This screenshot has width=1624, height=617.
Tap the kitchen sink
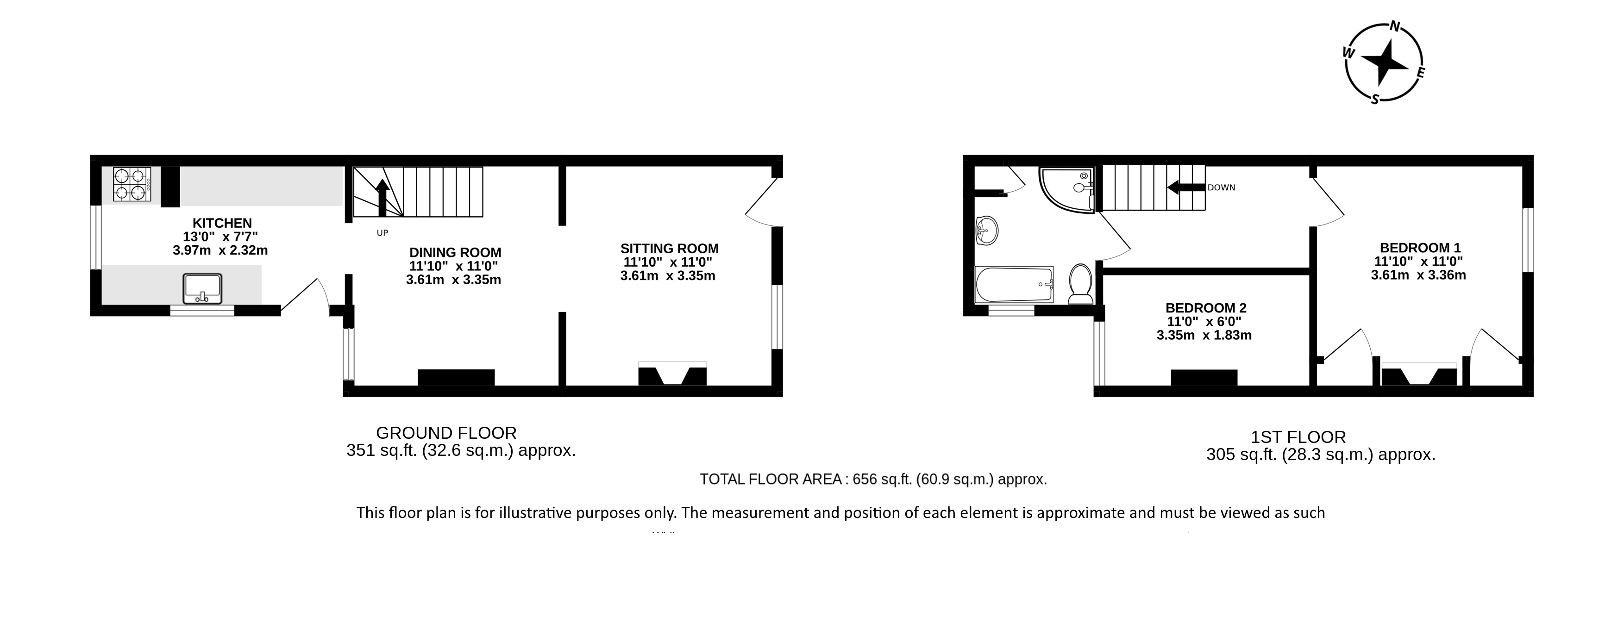202,289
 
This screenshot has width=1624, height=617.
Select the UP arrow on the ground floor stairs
382,197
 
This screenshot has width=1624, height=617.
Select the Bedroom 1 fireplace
1419,374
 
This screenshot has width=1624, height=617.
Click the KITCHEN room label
222,223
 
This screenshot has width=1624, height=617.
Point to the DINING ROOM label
455,253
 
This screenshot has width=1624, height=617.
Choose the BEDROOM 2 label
1206,308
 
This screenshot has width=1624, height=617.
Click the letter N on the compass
1395,44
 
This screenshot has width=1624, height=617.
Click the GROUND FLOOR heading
446,433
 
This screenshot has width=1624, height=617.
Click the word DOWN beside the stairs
1221,187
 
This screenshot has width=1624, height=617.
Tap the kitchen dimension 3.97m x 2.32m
220,250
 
